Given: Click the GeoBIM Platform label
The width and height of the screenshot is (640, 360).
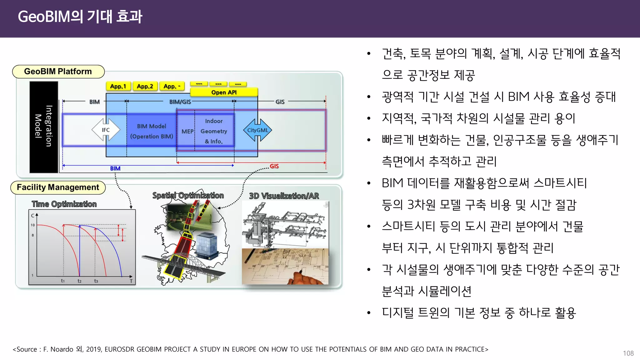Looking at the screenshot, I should (x=58, y=72).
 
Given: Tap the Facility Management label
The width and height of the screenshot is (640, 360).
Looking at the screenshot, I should (x=58, y=187).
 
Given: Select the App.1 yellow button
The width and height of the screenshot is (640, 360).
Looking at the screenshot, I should (x=118, y=86).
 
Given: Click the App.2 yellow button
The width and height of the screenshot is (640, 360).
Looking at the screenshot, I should (x=145, y=86).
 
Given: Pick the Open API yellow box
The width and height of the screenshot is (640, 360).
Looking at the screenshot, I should (x=224, y=92).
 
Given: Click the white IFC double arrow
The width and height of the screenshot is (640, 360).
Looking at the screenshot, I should (x=106, y=130).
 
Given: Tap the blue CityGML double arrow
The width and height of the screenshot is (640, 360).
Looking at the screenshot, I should (x=257, y=130).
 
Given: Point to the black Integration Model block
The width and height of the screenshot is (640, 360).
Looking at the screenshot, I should (x=44, y=127).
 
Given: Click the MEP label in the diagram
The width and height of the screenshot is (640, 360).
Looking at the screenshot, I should (x=187, y=132).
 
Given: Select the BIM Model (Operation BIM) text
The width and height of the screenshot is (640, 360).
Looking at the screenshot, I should (x=152, y=131).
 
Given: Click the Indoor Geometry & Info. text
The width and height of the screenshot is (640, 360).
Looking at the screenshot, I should (x=214, y=131).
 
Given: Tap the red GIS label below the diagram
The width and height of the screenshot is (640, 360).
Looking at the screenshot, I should (x=274, y=166).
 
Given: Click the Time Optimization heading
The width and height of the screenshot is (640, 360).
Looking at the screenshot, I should (x=64, y=204).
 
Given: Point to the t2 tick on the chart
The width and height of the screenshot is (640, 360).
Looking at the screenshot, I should (x=79, y=281).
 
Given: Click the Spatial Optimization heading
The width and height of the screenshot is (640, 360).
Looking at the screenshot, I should (x=188, y=196).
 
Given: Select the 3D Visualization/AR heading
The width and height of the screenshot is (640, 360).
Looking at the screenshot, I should (x=284, y=196).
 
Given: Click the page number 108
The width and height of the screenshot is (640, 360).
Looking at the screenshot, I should (x=628, y=353).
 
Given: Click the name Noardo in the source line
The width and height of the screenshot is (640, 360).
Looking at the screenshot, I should (x=62, y=349).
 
